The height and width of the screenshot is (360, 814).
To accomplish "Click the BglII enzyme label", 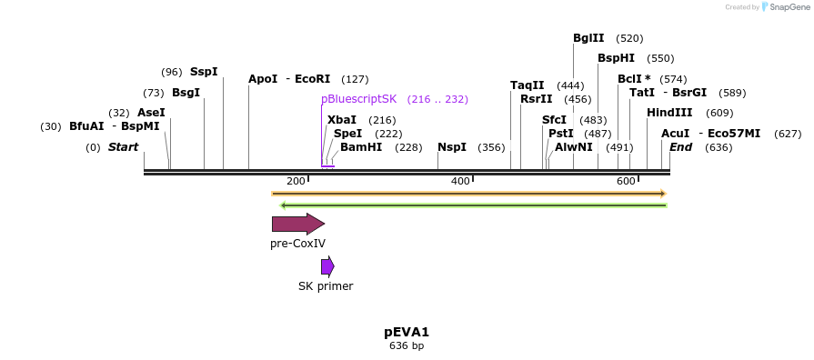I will (588, 38).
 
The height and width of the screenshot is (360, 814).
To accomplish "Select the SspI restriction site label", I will (204, 71).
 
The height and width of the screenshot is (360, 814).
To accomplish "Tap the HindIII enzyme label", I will (669, 113).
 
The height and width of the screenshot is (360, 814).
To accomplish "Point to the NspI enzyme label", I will (451, 147).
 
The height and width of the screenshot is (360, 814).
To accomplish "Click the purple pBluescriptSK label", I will (358, 99).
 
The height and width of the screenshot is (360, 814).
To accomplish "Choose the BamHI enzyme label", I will (361, 147).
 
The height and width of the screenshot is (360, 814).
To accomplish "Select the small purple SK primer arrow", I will (327, 266).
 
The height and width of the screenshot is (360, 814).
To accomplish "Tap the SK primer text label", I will (326, 286).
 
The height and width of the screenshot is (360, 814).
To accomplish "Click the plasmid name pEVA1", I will (407, 332).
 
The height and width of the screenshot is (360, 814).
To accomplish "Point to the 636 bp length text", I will (407, 346).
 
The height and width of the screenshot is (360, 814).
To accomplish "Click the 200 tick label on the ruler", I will (296, 182).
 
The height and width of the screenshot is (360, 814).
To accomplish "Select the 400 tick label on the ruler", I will (460, 182).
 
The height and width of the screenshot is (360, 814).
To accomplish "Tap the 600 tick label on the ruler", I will (626, 182).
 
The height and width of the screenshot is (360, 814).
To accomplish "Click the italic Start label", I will (123, 147).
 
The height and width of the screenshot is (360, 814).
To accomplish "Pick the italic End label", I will (681, 147).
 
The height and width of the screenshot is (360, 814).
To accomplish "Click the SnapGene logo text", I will (789, 7).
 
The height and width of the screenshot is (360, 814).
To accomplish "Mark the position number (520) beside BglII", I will (629, 38).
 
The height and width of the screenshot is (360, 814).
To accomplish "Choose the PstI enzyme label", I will (561, 134).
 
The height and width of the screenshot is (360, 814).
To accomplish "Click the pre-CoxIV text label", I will (297, 244).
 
